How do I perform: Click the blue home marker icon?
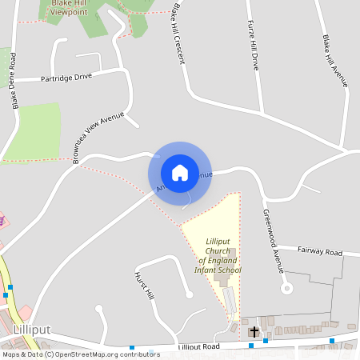coord(180,172)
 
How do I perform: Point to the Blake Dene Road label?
coord(14,82)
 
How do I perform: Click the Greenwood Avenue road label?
coord(273,241)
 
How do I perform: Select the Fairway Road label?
coord(319,252)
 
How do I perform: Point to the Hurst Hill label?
coord(143,285)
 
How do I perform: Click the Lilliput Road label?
coord(198,347)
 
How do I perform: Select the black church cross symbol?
coord(254,331)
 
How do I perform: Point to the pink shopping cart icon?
coord(2,219)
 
